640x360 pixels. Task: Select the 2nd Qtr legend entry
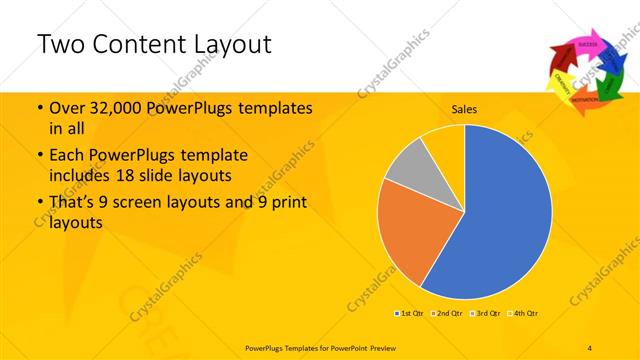tap(448, 313)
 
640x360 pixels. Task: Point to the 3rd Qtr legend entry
tap(488, 313)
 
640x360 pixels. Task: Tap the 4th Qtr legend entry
tap(527, 313)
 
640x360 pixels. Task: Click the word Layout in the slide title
tap(225, 44)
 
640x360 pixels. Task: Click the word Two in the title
tap(59, 44)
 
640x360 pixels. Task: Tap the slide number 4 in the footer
tap(590, 346)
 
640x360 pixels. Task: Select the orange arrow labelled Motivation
tap(584, 100)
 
